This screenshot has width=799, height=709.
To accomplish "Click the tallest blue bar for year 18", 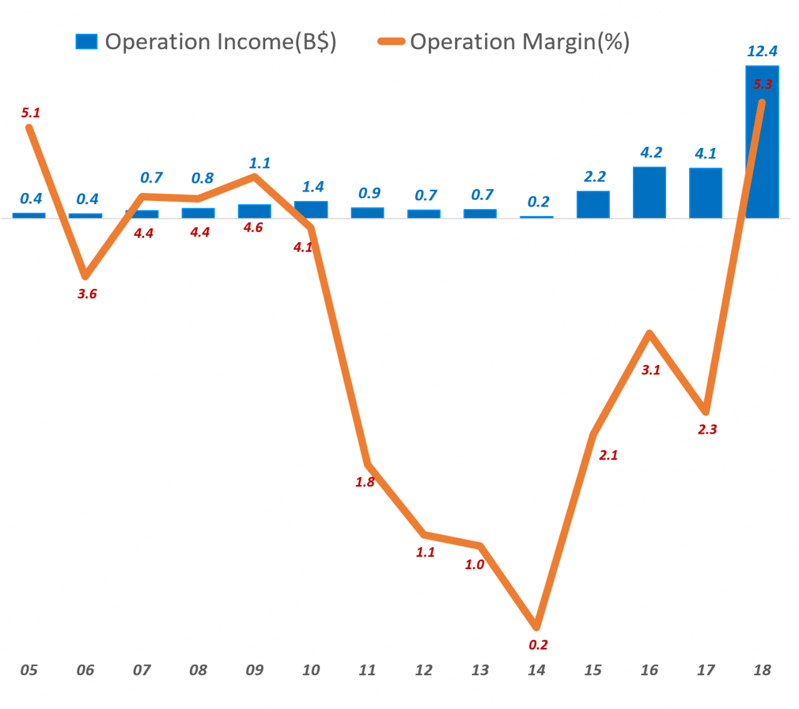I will (x=762, y=156).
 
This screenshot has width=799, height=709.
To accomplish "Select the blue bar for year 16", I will (x=649, y=192).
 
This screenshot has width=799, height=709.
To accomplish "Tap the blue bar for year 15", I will (x=593, y=205).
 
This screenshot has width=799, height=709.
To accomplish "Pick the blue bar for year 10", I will (x=311, y=210).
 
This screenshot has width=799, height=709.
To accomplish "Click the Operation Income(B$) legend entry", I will (x=206, y=42).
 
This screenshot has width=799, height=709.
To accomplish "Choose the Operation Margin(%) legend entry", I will (x=504, y=42).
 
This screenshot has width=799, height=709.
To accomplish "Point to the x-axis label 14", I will (x=536, y=670).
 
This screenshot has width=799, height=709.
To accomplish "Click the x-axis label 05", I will (x=29, y=670).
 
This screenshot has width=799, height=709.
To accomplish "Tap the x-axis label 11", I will (x=367, y=670).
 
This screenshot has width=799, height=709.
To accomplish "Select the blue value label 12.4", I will (x=762, y=51).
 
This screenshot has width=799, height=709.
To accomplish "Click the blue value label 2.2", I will (x=595, y=177).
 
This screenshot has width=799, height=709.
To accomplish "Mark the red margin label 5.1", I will (x=31, y=113).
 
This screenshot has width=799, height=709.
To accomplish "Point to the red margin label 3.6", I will (x=87, y=294).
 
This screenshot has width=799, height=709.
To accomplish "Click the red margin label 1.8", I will (x=365, y=482).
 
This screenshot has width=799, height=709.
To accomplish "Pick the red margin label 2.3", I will (x=707, y=429).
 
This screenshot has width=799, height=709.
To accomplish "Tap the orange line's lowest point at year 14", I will (x=536, y=626).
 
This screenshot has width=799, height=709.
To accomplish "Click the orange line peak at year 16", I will (x=650, y=333).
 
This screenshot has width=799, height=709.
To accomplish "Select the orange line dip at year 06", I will (x=86, y=276).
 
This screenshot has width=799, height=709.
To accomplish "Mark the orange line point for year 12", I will (x=424, y=534).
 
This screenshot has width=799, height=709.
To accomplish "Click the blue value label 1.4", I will (x=313, y=187).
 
